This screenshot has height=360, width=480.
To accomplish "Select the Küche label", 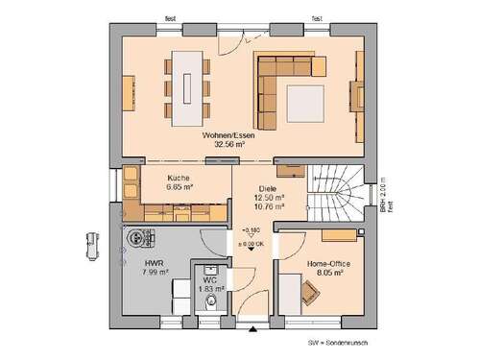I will click(x=179, y=178).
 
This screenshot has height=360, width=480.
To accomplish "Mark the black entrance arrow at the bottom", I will click(x=253, y=330).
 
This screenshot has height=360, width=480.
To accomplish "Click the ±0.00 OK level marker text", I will click(x=252, y=245).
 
